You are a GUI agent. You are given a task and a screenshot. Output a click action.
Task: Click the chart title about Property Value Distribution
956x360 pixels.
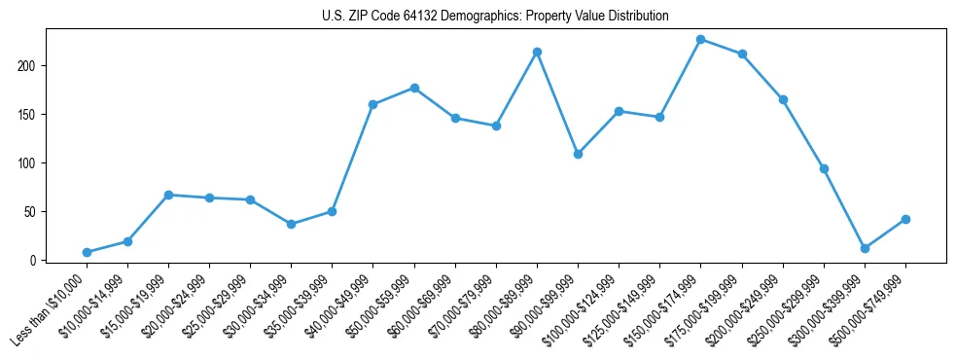click(495, 17)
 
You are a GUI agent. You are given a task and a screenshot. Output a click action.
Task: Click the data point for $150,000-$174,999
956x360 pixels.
click(700, 39)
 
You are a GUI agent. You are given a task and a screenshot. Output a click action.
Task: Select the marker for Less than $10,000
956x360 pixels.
click(87, 252)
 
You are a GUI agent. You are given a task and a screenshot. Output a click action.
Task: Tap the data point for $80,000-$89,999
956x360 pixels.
click(537, 52)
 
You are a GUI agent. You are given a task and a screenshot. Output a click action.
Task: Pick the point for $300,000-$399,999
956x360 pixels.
click(865, 248)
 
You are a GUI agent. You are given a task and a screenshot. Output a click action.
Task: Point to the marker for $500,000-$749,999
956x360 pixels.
click(905, 219)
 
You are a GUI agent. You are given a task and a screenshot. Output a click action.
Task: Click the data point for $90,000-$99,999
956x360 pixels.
click(578, 154)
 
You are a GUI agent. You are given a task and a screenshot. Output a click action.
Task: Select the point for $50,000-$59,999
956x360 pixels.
click(414, 88)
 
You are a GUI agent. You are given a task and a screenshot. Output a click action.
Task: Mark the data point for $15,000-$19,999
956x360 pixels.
click(168, 195)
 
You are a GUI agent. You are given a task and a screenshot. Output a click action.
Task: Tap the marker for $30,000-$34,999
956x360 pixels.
click(291, 224)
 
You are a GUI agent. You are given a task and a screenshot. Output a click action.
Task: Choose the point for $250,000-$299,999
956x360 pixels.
click(824, 168)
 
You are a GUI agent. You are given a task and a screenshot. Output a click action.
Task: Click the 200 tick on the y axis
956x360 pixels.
click(38, 65)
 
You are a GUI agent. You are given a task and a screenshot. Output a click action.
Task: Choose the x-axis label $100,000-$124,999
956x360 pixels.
click(584, 306)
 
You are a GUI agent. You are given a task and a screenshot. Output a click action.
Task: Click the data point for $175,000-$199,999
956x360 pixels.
click(742, 54)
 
